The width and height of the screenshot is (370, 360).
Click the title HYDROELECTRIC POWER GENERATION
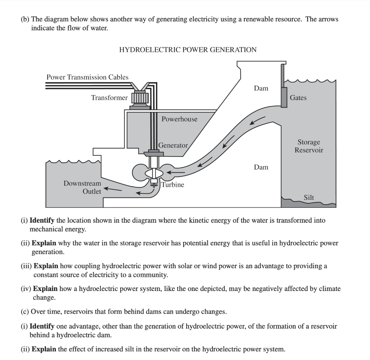click(188, 50)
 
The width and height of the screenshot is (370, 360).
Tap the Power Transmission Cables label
click(87, 77)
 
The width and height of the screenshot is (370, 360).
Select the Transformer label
click(109, 98)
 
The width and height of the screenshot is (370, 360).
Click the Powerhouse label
click(179, 119)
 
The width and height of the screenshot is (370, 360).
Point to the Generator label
click(173, 145)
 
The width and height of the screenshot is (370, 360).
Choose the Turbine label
click(172, 185)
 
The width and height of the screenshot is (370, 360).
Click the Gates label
click(298, 98)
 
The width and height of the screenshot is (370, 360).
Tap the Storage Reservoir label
click(309, 146)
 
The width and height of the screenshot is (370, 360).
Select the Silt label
click(309, 197)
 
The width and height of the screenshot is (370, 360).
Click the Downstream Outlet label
click(82, 187)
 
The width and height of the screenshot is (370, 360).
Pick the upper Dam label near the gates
click(261, 88)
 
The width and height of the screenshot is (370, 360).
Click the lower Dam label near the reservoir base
click(261, 167)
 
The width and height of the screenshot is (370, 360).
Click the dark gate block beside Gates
click(283, 96)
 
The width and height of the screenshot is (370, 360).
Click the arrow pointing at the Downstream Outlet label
click(113, 188)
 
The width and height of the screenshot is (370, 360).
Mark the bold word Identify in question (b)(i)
click(42, 220)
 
